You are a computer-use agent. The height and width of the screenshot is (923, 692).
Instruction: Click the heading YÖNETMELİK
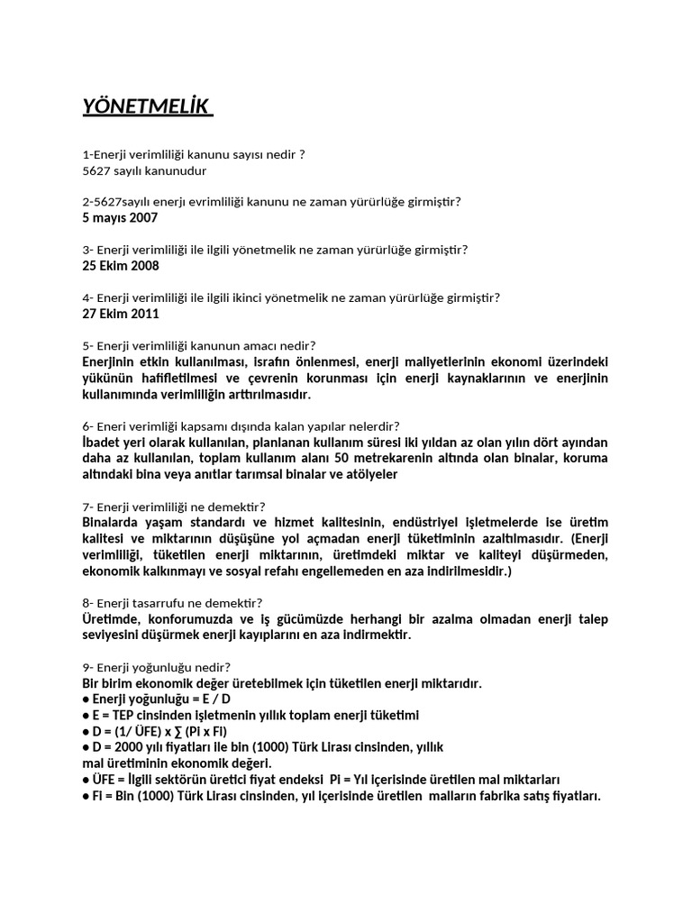coord(146,108)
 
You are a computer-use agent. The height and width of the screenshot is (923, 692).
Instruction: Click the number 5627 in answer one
coord(96,170)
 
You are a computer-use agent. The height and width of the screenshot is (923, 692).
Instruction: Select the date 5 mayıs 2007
coord(120,217)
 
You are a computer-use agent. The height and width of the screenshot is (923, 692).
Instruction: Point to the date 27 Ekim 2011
coord(121,314)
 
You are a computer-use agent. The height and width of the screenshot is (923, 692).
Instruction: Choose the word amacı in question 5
coord(261,345)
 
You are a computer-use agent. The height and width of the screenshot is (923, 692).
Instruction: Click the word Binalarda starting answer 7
coord(114,522)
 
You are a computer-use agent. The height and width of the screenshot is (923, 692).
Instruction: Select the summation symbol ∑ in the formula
coord(184,731)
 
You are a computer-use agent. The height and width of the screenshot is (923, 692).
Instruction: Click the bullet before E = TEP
coord(86,715)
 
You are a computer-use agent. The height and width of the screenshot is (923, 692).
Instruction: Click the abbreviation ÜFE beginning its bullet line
coord(105,780)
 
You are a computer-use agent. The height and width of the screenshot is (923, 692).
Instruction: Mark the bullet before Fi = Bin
coord(86,796)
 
